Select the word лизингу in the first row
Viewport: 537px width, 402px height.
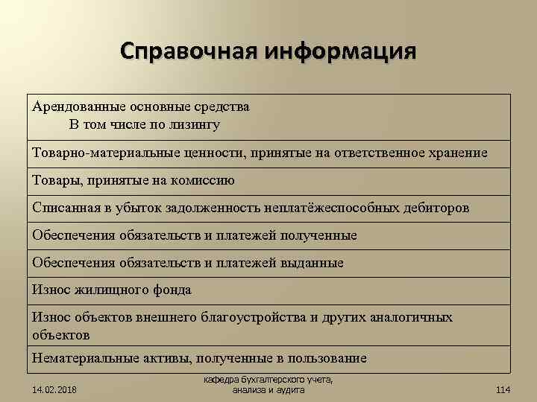pos(195,124)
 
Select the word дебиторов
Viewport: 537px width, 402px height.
pos(436,208)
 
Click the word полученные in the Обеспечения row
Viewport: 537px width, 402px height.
pos(318,235)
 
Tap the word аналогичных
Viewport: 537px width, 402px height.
pos(409,318)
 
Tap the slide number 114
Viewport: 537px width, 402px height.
pos(503,389)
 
